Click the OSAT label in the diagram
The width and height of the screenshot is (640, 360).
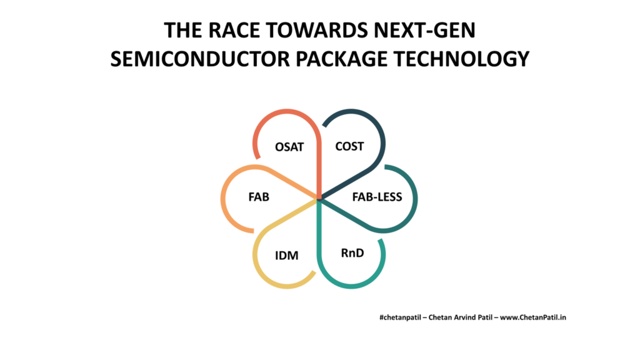289,147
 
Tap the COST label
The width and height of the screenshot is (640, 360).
349,146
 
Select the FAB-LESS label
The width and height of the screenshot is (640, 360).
377,197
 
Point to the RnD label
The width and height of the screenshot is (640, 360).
352,253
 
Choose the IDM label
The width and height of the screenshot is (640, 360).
286,256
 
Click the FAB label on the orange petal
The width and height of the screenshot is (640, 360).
259,197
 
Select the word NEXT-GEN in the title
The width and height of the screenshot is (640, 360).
425,30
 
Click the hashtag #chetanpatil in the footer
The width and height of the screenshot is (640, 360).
400,317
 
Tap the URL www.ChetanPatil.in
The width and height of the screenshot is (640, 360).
533,317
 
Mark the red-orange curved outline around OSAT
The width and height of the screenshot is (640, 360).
286,111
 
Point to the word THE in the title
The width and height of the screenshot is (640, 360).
183,30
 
